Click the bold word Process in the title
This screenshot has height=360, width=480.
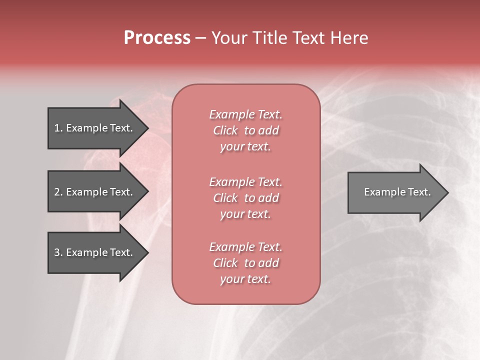click(x=157, y=38)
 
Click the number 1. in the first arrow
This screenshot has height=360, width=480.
click(x=58, y=128)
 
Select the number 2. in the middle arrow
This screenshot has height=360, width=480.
click(x=58, y=192)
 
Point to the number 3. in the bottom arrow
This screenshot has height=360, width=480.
click(x=58, y=252)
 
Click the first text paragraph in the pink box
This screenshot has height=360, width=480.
click(x=245, y=130)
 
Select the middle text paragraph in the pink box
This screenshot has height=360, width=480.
click(x=245, y=198)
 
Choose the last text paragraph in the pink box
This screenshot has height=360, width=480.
click(x=245, y=263)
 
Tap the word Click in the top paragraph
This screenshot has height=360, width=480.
click(x=225, y=130)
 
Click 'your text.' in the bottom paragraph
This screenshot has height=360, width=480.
click(x=245, y=279)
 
